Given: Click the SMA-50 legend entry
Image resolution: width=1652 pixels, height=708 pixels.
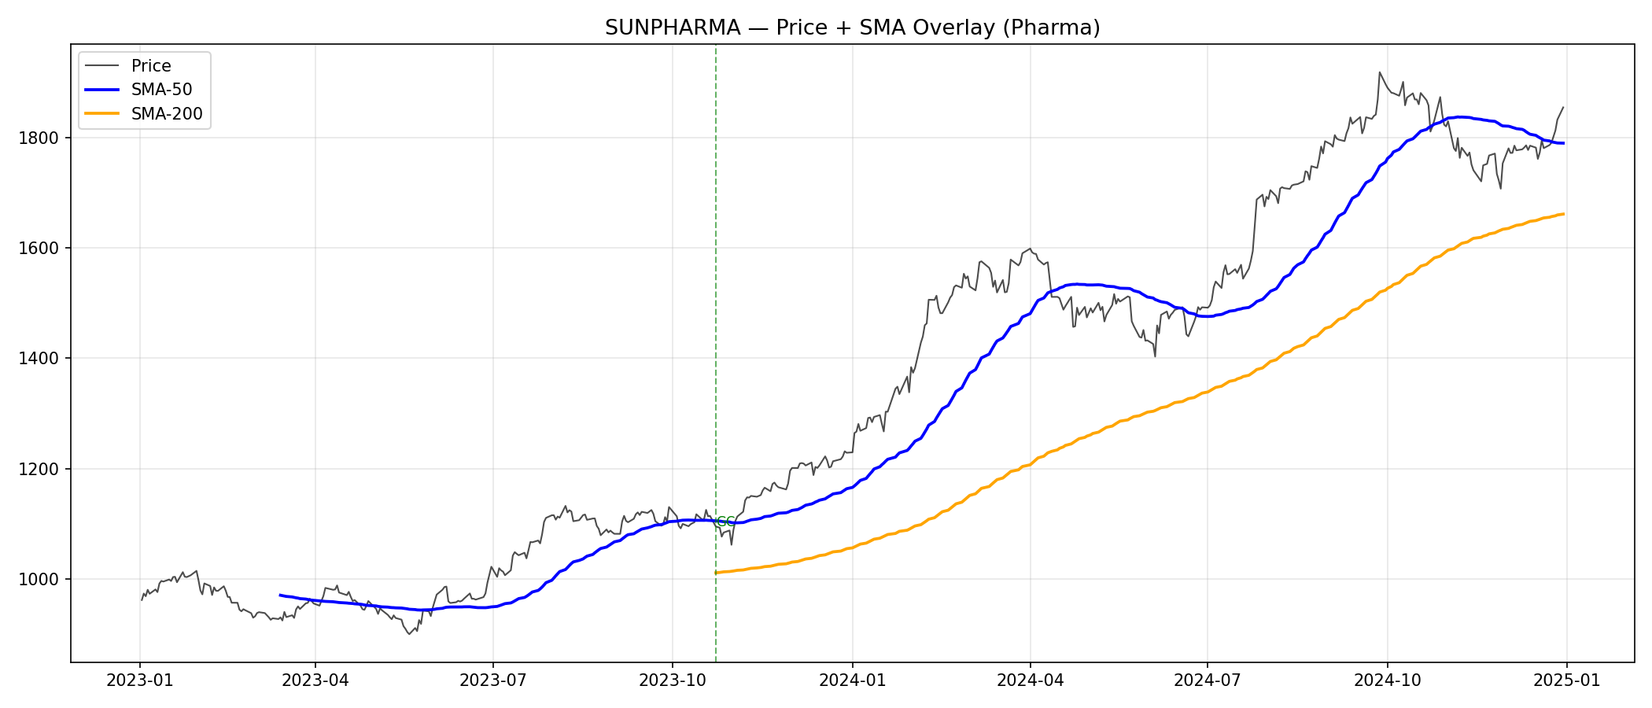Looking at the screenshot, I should [161, 90].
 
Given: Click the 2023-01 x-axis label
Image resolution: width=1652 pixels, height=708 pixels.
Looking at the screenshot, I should [140, 680].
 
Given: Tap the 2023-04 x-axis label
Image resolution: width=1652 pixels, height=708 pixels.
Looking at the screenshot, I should [315, 680].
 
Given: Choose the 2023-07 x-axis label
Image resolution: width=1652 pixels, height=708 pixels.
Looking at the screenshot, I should [493, 680].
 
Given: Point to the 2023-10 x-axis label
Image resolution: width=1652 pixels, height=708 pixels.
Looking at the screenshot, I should [673, 680].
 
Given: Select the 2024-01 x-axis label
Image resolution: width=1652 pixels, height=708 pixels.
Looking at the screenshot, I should [853, 680].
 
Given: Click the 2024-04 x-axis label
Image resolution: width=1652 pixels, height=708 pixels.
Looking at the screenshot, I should [1031, 680].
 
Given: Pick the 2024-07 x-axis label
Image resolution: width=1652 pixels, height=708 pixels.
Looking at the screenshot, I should [1208, 680].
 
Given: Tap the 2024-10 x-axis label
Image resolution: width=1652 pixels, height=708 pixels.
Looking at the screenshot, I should [1388, 680].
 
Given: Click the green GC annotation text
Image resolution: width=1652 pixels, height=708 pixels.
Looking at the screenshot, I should [725, 522].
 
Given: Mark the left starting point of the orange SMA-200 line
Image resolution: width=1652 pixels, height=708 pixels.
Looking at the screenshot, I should [716, 573].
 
